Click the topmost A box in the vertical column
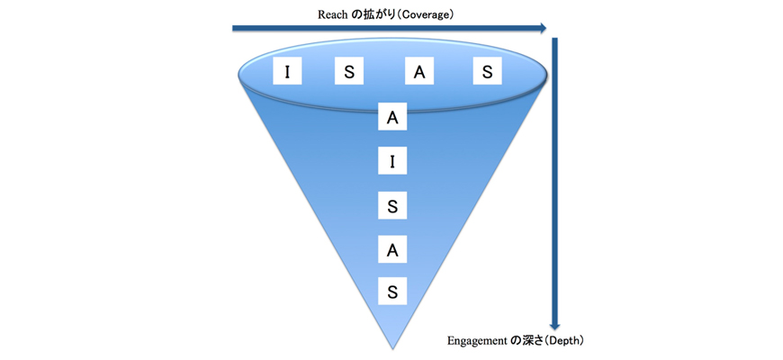click(391, 117)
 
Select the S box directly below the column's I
click(391, 205)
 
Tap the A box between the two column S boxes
click(391, 249)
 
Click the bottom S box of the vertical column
click(391, 292)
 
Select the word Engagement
click(477, 341)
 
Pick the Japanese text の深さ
click(527, 341)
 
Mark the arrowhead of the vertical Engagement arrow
click(555, 324)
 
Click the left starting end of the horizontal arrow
click(234, 28)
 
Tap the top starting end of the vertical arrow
click(555, 40)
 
